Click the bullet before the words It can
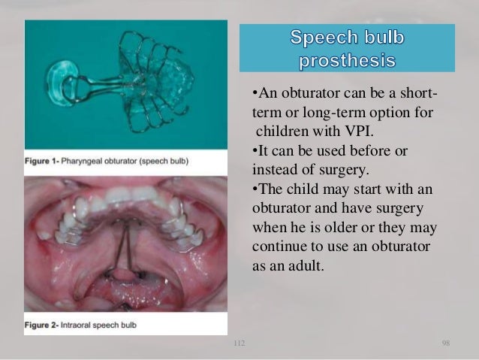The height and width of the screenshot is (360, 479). coord(252,150)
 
